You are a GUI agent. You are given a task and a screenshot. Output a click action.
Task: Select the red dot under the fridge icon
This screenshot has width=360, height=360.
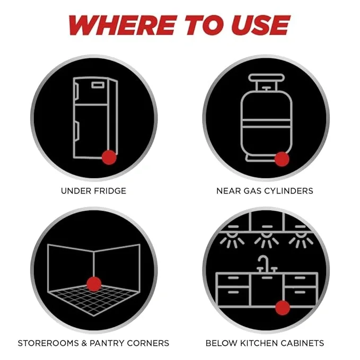109,157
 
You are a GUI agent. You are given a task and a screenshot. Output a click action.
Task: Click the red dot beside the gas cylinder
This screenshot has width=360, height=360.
282,159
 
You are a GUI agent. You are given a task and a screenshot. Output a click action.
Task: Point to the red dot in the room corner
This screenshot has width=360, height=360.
94,284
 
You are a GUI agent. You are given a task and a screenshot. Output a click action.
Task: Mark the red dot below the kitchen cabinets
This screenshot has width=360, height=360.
283,308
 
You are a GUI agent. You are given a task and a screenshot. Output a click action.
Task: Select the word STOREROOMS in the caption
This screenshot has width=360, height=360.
48,343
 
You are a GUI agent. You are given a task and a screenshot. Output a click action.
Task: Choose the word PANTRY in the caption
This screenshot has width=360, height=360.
107,343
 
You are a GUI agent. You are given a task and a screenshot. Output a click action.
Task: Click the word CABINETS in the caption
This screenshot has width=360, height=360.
302,343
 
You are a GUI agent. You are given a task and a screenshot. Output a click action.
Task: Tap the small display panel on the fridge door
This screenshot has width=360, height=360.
98,85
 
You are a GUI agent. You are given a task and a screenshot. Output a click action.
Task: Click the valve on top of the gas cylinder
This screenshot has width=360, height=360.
266,89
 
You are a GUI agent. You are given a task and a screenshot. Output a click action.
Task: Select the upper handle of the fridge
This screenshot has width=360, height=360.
76,92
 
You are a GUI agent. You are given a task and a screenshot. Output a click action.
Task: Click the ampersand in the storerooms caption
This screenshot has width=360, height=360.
84,343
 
